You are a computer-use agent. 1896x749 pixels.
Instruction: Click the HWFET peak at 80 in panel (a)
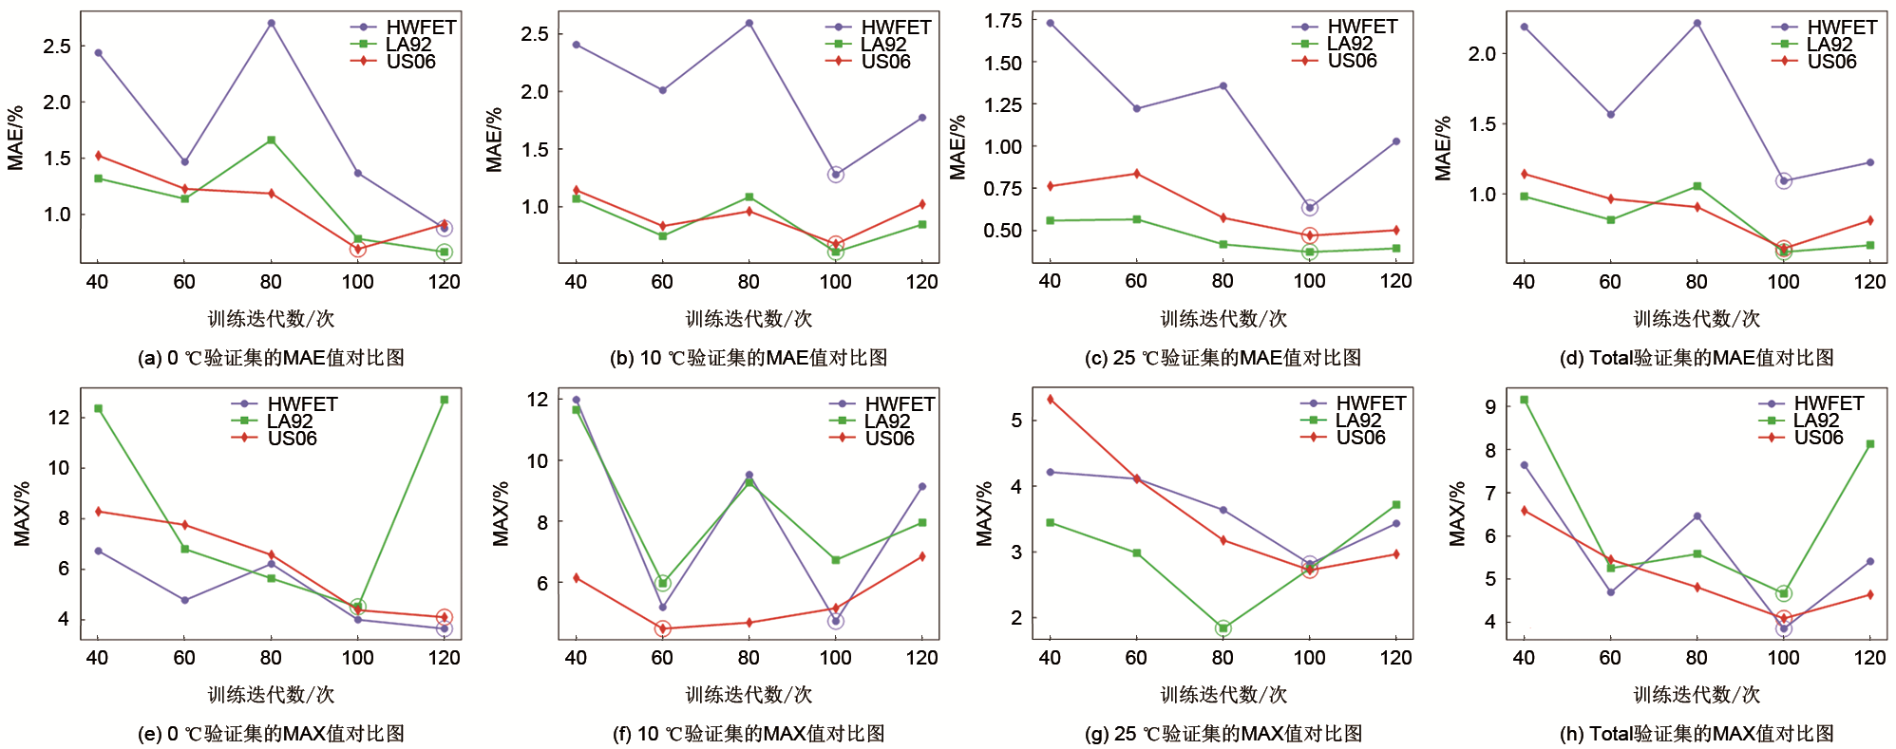coord(272,23)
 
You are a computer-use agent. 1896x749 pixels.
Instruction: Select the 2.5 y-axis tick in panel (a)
coord(57,46)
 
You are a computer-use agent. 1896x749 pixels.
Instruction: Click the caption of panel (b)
coord(749,358)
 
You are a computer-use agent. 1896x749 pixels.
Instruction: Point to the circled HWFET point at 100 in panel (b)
coord(835,175)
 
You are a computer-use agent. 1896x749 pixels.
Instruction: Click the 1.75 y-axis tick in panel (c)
coord(1003,21)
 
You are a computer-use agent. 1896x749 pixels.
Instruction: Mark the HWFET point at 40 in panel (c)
coord(1050,23)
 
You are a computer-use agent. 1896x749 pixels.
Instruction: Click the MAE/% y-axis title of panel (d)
coord(1443,148)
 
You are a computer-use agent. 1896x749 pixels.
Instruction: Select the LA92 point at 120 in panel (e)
coord(445,400)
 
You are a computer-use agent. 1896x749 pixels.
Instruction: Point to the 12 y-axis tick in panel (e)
coord(59,418)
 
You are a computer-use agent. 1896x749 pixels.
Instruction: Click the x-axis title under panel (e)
coord(271,695)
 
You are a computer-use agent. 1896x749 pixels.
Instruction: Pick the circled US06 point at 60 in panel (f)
coord(662,628)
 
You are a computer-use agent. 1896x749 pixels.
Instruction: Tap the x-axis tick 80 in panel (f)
coord(749,658)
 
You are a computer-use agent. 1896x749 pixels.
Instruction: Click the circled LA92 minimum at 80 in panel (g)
coord(1223,628)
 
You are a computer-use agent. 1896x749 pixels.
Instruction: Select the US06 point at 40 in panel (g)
coord(1050,400)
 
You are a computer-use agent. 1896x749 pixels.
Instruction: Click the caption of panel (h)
coord(1697,734)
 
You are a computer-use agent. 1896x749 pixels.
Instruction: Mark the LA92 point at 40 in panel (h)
coord(1524,400)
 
